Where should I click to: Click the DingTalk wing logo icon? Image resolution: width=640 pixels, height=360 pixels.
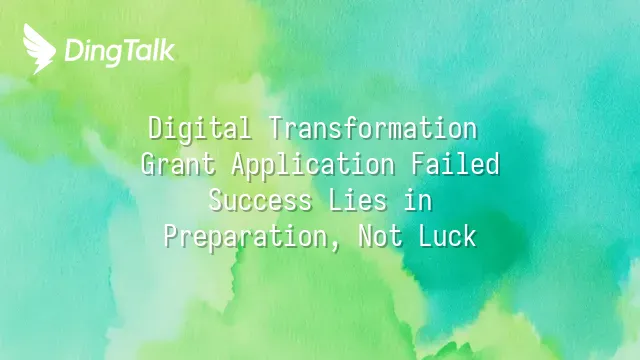pyautogui.click(x=39, y=49)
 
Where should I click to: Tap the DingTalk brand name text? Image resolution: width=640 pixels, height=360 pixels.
pyautogui.click(x=120, y=52)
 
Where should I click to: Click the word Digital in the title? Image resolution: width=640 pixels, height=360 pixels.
pyautogui.click(x=200, y=129)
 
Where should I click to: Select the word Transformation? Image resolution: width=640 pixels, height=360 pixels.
pyautogui.click(x=373, y=128)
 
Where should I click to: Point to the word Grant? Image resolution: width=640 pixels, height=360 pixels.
pyautogui.click(x=178, y=164)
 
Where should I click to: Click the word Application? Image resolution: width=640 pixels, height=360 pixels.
pyautogui.click(x=313, y=165)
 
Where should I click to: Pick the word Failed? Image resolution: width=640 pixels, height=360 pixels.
pyautogui.click(x=455, y=164)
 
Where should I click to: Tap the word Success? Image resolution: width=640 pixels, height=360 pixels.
pyautogui.click(x=260, y=200)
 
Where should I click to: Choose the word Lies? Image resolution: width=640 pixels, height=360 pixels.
pyautogui.click(x=358, y=200)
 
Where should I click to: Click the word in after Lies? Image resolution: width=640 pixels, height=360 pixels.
pyautogui.click(x=418, y=200)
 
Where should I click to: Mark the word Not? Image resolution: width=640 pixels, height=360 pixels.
pyautogui.click(x=380, y=236)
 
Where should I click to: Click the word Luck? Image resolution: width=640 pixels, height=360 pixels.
pyautogui.click(x=448, y=236)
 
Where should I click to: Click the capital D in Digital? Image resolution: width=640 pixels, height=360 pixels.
pyautogui.click(x=155, y=128)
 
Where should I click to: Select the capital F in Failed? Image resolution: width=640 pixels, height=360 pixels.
pyautogui.click(x=418, y=164)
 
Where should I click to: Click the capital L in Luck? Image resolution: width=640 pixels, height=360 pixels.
pyautogui.click(x=426, y=237)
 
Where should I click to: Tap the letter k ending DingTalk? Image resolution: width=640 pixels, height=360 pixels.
pyautogui.click(x=168, y=50)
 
